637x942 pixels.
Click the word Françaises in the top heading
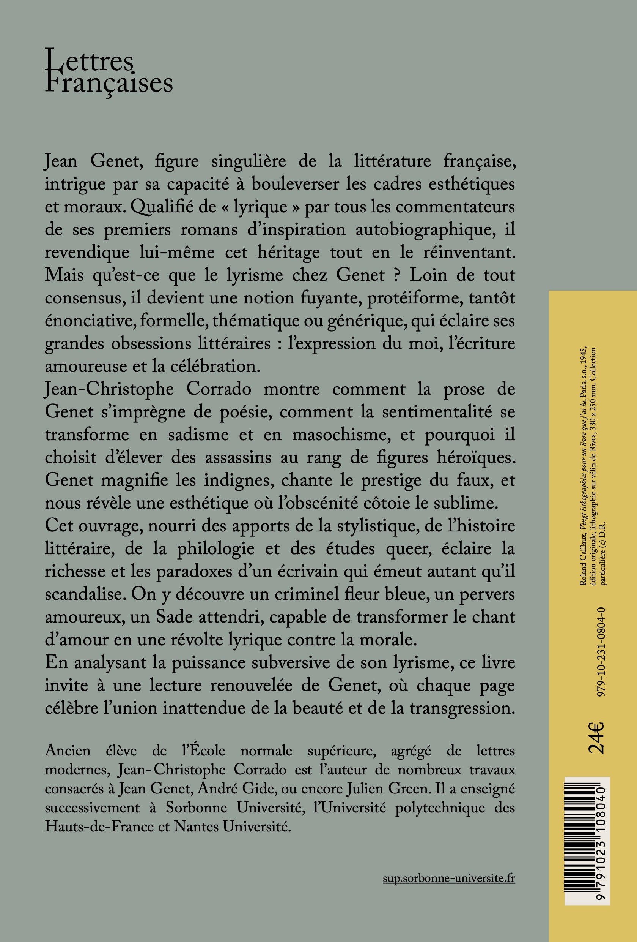[x=109, y=84]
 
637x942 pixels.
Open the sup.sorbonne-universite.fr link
[x=449, y=878]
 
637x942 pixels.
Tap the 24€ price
[x=596, y=737]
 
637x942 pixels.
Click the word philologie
[x=216, y=549]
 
